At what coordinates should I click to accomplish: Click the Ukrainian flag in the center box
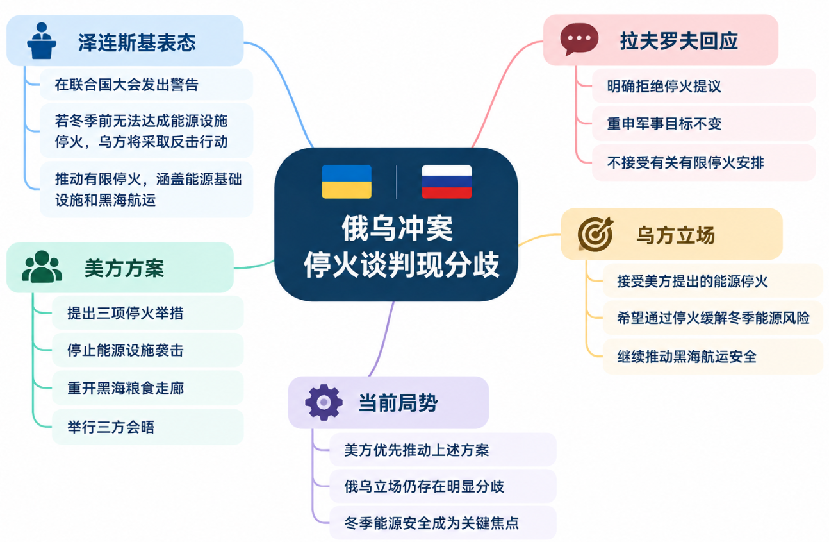click(347, 182)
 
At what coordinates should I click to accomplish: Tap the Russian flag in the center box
click(447, 182)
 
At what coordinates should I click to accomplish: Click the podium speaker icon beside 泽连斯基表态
click(42, 41)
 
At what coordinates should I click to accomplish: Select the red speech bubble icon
click(579, 39)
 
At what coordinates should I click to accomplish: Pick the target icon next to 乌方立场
click(595, 234)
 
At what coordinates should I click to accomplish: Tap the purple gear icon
click(324, 402)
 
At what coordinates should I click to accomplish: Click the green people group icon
click(42, 267)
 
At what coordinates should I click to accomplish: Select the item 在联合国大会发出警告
click(127, 85)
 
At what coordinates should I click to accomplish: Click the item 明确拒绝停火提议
click(664, 87)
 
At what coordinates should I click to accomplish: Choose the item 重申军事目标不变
click(664, 124)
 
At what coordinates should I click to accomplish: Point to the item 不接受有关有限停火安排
click(685, 163)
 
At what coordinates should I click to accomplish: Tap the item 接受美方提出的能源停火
click(692, 281)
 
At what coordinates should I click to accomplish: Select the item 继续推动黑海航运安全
click(687, 357)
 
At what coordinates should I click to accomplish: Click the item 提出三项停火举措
click(125, 313)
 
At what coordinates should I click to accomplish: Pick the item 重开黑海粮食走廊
click(125, 388)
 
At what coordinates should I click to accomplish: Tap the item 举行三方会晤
click(111, 427)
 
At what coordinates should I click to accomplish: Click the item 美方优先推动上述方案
click(416, 450)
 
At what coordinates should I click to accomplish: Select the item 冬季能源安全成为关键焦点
click(431, 523)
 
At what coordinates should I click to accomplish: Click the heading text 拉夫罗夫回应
click(678, 41)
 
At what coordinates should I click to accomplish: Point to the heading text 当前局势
click(398, 403)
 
